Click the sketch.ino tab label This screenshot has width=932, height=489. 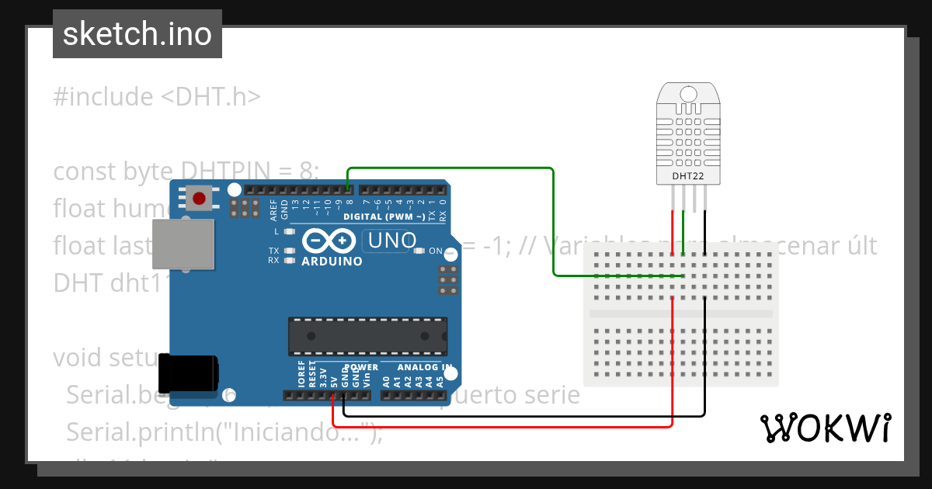click(137, 34)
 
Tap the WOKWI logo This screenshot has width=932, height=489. click(825, 428)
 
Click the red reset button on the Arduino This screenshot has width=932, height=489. click(199, 198)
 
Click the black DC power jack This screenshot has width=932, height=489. click(188, 374)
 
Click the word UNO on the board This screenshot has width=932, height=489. click(392, 241)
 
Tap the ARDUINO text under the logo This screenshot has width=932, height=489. click(332, 262)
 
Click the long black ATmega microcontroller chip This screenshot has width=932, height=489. click(367, 335)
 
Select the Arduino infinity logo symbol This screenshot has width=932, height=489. click(330, 240)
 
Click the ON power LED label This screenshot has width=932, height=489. click(435, 251)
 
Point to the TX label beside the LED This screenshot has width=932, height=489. click(273, 251)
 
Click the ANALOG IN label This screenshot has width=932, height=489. click(424, 367)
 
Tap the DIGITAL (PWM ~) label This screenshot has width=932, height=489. click(384, 217)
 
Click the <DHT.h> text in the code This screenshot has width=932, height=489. click(210, 97)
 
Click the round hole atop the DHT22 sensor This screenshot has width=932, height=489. click(688, 95)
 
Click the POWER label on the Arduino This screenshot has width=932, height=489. click(360, 367)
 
